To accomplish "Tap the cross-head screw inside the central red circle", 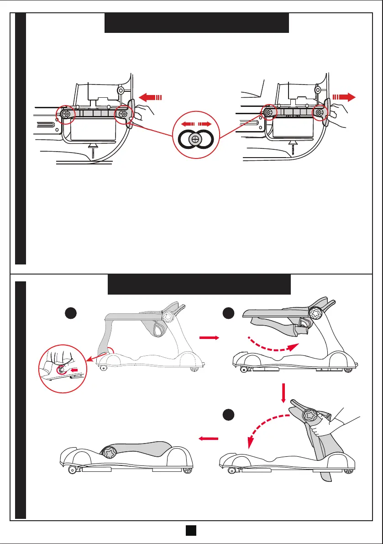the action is (196, 138).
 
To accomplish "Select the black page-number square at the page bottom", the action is (191, 530).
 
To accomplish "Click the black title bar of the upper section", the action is (197, 23).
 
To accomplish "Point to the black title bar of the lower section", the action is (199, 285).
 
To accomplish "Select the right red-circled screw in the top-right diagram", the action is (319, 112).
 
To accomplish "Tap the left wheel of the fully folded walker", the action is (72, 469).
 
